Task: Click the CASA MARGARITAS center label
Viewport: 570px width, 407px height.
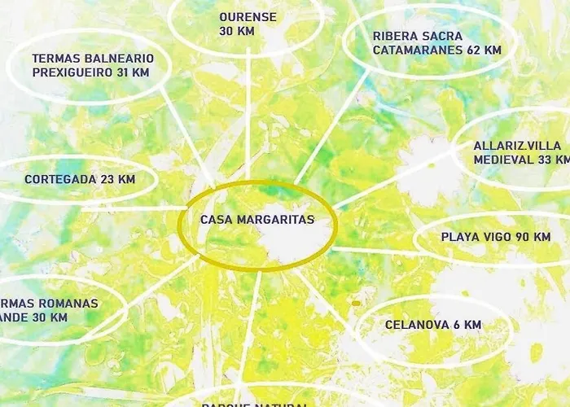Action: click(256, 220)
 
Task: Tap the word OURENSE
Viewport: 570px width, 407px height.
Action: click(248, 16)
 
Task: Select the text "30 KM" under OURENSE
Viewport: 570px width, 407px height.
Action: click(237, 31)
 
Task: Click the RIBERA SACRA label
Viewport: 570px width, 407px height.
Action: click(417, 36)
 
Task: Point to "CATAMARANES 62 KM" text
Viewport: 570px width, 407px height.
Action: click(437, 50)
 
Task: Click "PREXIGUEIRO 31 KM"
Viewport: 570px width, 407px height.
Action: click(90, 72)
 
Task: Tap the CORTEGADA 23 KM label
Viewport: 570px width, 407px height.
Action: click(79, 179)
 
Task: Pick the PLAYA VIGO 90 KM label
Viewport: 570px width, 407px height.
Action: click(484, 237)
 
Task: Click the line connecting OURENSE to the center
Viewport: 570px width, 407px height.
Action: click(248, 114)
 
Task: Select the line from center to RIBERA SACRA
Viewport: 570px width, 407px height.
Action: click(326, 130)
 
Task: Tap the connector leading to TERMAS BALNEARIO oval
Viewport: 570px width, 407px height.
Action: click(187, 134)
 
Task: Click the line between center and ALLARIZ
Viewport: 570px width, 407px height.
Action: click(391, 179)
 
